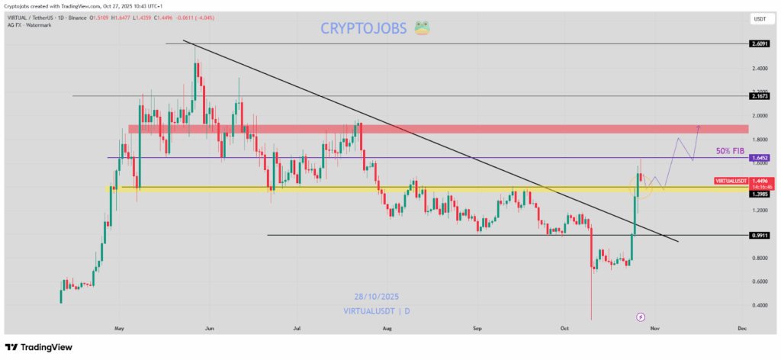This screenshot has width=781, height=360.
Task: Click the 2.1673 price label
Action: click(758, 96)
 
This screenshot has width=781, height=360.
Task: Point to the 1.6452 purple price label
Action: click(758, 158)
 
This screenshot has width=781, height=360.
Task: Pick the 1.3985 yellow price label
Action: click(758, 194)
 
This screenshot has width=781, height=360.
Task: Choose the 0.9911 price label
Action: click(758, 236)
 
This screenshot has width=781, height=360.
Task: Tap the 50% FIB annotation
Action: click(730, 151)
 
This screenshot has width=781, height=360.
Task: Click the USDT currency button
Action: click(759, 19)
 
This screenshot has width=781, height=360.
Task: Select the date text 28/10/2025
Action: click(376, 297)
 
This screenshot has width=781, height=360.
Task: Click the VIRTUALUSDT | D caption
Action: click(376, 312)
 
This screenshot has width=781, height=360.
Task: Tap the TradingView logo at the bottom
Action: click(39, 347)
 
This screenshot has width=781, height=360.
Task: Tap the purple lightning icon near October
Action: click(641, 316)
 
